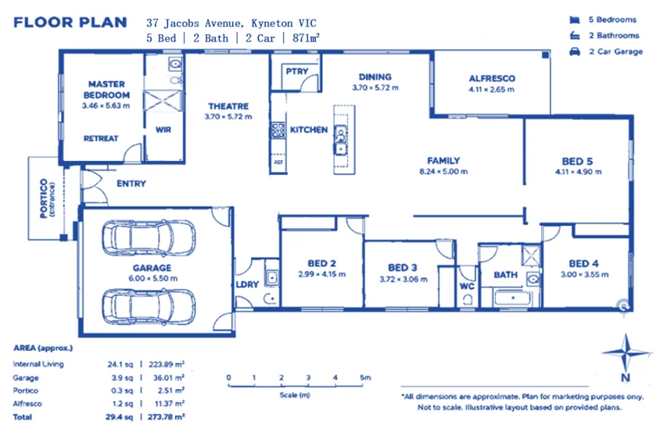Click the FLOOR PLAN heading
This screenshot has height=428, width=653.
70,23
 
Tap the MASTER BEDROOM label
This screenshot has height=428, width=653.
106,89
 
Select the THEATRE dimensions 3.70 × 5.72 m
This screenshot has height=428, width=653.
228,117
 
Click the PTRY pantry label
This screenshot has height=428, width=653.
297,71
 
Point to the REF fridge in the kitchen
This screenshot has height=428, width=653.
278,162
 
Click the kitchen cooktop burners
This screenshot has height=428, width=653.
278,130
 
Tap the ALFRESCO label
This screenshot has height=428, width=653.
492,78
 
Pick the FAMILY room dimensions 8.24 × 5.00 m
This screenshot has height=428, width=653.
443,171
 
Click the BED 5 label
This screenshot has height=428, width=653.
577,161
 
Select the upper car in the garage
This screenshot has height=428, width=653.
149,237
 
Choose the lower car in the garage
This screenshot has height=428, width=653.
149,307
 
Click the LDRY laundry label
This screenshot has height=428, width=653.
247,284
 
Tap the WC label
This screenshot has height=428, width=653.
467,286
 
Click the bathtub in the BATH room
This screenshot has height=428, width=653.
511,298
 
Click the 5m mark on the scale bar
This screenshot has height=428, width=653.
365,378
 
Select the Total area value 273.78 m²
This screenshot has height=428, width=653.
166,417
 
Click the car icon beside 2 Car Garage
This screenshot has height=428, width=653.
575,52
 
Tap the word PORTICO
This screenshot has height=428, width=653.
44,198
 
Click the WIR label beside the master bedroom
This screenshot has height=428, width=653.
163,130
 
